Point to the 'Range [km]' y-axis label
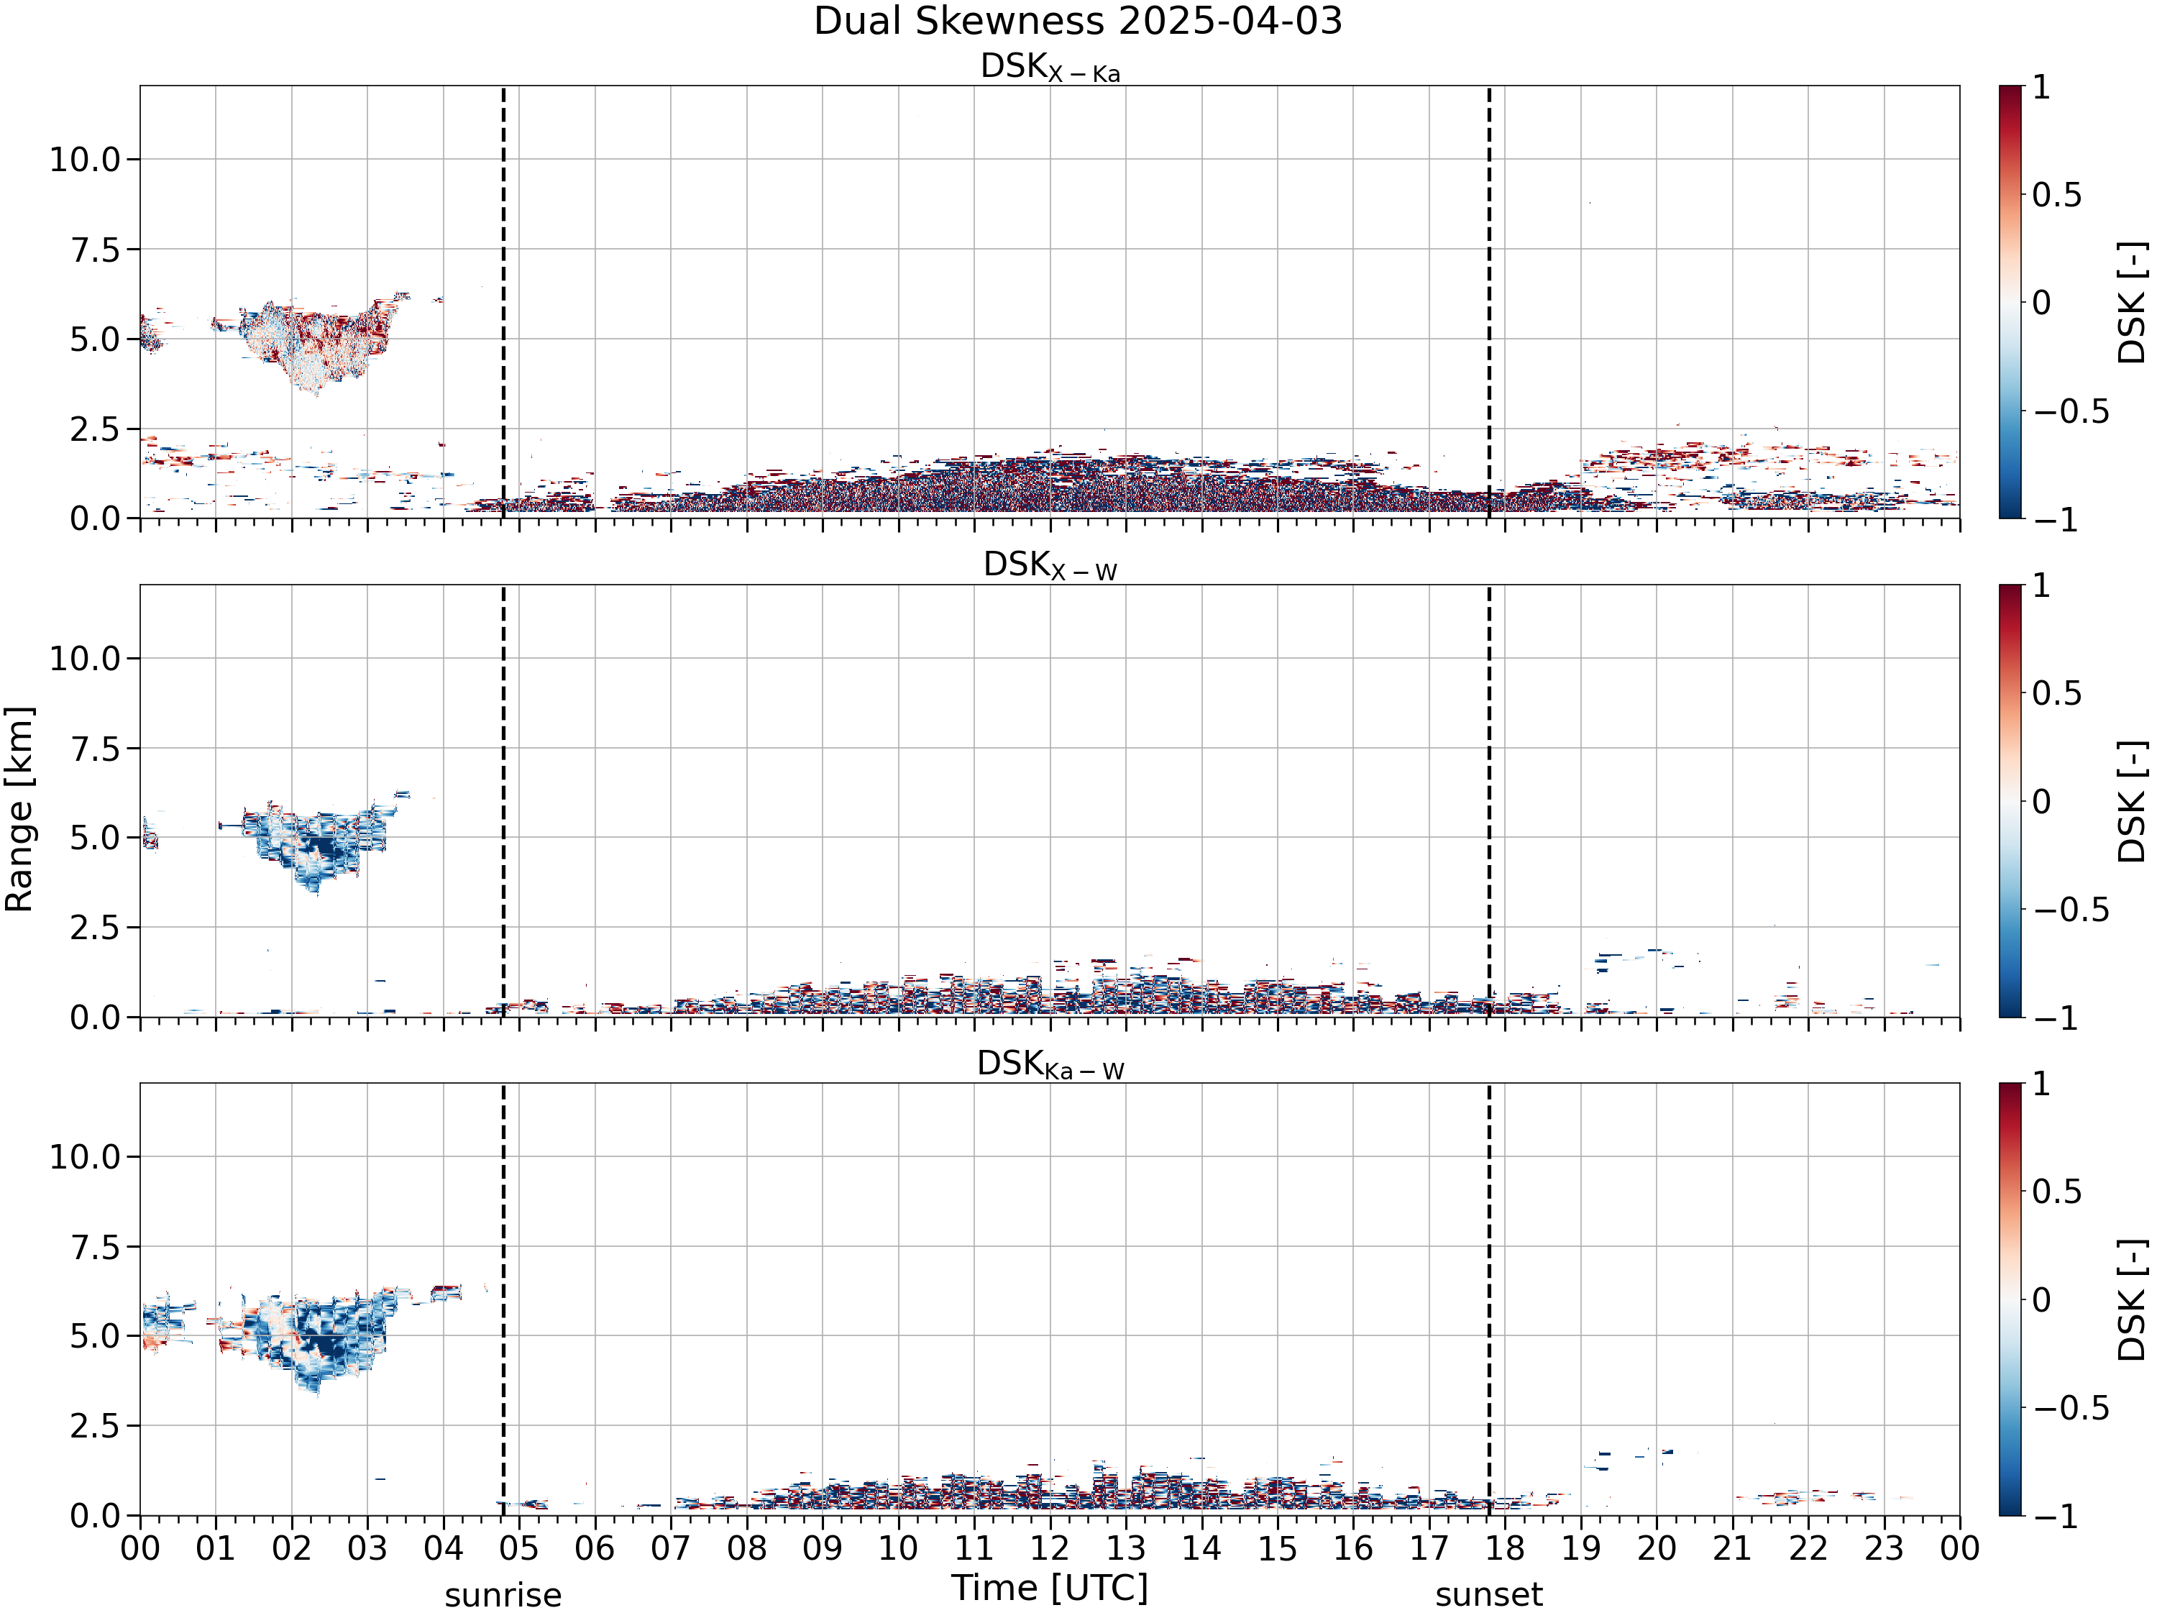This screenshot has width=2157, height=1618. (x=19, y=810)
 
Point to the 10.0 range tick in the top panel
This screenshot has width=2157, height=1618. (x=85, y=159)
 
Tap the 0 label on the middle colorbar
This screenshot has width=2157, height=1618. (x=2042, y=802)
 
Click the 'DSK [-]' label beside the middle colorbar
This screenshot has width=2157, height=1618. (x=2133, y=802)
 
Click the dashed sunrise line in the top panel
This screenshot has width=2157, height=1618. (x=503, y=302)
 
